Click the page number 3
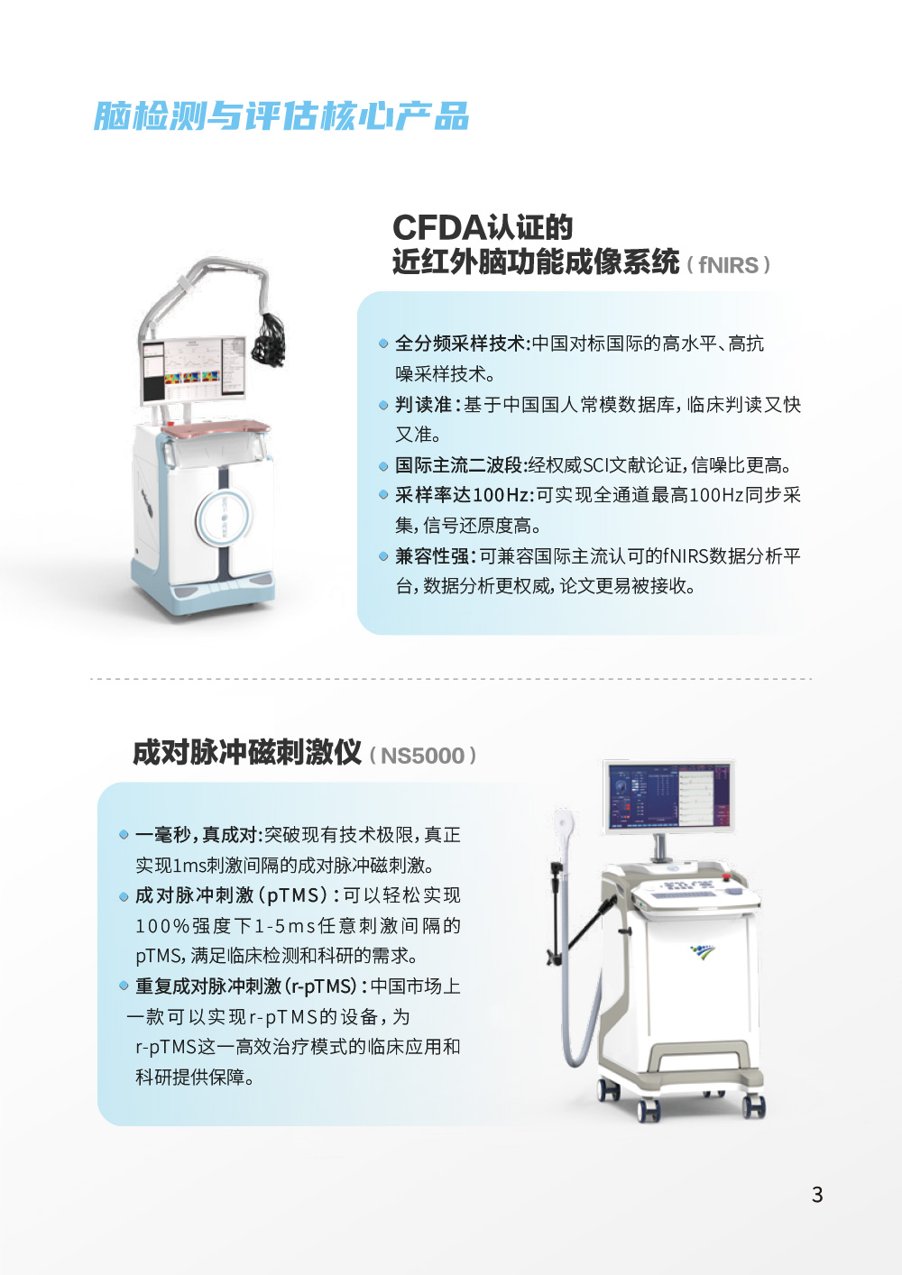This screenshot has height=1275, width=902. [x=817, y=1194]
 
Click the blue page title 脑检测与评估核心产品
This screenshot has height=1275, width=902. [x=281, y=115]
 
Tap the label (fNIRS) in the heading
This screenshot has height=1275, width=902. [x=728, y=265]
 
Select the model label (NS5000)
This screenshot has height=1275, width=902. [x=422, y=756]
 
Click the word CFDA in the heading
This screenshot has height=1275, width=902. [x=437, y=227]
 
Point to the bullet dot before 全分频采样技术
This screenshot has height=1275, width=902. [x=383, y=344]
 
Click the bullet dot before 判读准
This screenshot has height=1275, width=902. [x=383, y=405]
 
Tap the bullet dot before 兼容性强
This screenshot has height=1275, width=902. [x=383, y=555]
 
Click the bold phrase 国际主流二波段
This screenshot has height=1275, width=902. [x=458, y=465]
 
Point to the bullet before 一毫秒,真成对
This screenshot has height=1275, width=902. [x=124, y=835]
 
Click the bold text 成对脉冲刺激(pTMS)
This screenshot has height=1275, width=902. [x=231, y=895]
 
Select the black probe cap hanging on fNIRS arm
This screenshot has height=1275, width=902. [x=268, y=339]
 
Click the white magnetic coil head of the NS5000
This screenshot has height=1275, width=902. [x=564, y=823]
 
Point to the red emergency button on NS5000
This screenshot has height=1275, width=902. [x=726, y=876]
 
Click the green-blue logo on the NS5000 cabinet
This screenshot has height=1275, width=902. [x=702, y=951]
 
